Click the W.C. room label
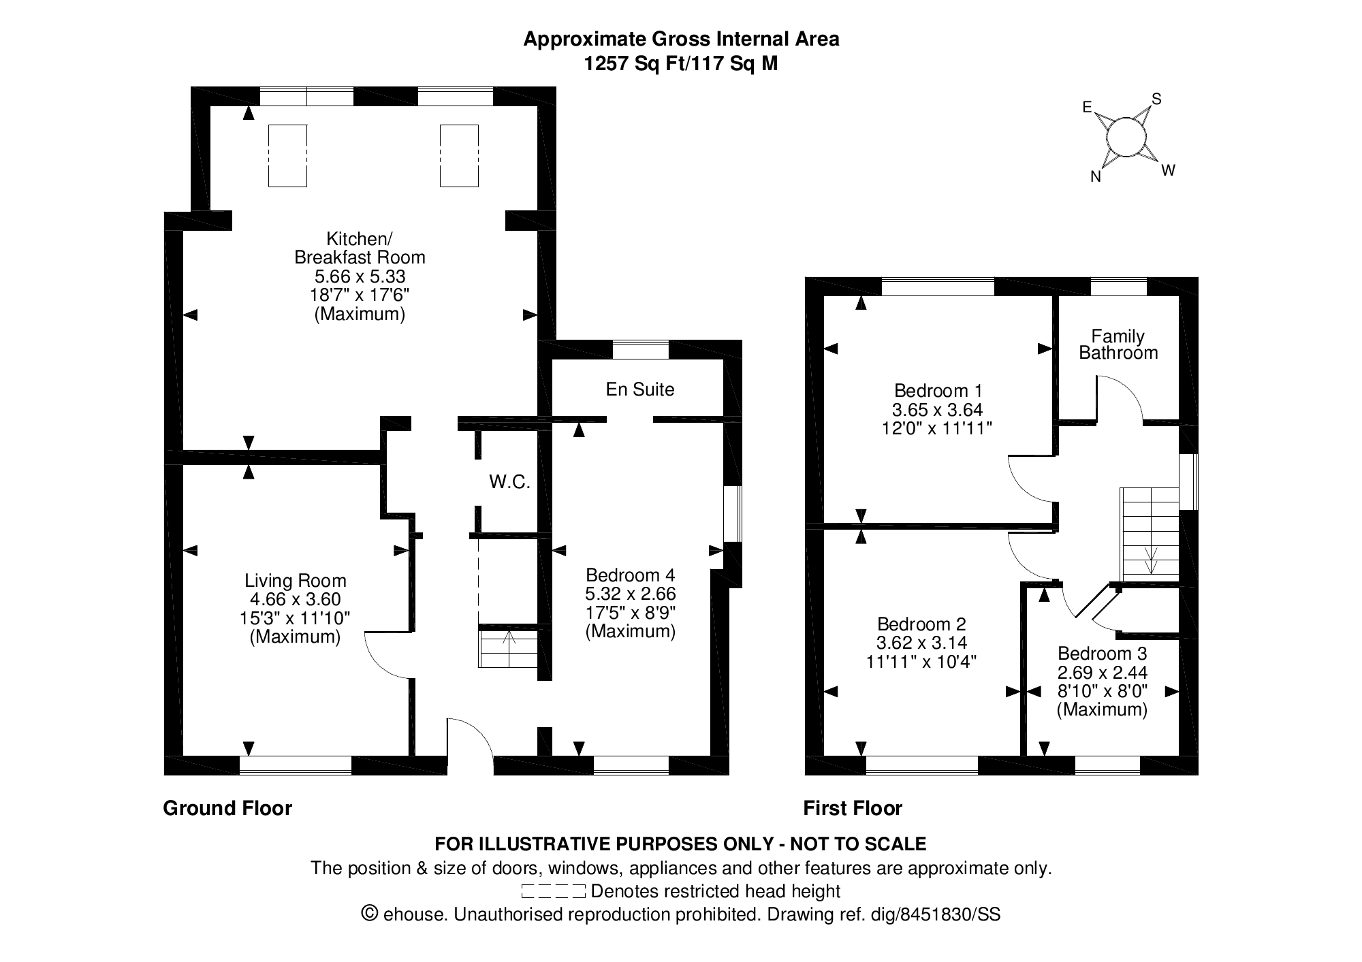coord(509,482)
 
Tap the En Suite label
coord(640,389)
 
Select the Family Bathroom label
coord(1118,344)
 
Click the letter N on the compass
coord(1096,177)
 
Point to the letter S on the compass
coord(1156,99)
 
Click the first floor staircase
coord(1150,531)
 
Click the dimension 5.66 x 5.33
coord(360,276)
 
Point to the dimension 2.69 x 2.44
coord(1103,673)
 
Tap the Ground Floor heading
coord(227,808)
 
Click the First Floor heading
coord(853,808)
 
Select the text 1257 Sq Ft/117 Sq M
coord(681,64)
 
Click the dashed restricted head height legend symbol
coord(553,891)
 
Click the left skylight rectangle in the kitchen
coord(287,155)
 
